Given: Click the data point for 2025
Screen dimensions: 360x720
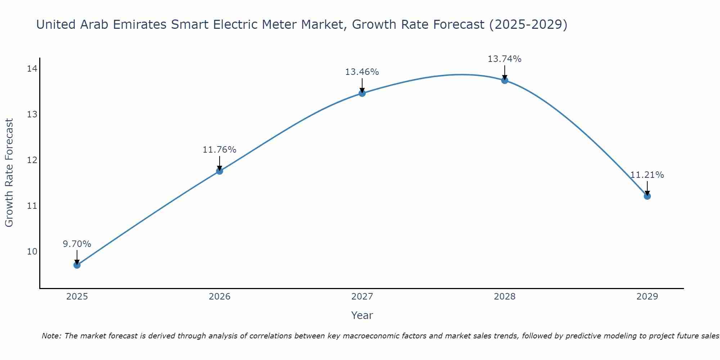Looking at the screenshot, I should pyautogui.click(x=77, y=265).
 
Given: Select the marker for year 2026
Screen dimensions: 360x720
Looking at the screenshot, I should pyautogui.click(x=220, y=171).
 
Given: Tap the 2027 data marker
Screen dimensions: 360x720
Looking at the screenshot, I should pyautogui.click(x=362, y=93).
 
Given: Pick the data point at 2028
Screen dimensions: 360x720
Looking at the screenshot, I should pyautogui.click(x=505, y=80).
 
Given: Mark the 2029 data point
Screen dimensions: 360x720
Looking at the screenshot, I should pyautogui.click(x=647, y=196).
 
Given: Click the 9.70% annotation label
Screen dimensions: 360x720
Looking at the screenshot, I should pyautogui.click(x=77, y=244).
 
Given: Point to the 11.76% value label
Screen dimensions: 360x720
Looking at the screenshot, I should pyautogui.click(x=219, y=150).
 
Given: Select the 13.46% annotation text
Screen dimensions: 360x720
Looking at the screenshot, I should pyautogui.click(x=362, y=72).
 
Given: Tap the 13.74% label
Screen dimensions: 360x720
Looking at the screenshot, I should pyautogui.click(x=504, y=59).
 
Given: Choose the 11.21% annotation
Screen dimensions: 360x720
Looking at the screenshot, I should pyautogui.click(x=647, y=175).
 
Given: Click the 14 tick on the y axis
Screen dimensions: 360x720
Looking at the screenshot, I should pyautogui.click(x=32, y=69).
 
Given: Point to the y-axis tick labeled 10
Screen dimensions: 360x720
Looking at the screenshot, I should pyautogui.click(x=32, y=251).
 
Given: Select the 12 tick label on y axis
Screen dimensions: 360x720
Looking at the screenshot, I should pyautogui.click(x=32, y=160).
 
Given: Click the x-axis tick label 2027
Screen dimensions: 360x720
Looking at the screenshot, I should pyautogui.click(x=362, y=297).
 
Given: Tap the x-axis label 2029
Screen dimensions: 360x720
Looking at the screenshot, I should pyautogui.click(x=647, y=297).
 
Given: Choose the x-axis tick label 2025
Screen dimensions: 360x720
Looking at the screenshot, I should pyautogui.click(x=77, y=297).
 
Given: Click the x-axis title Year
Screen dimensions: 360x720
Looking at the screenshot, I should pyautogui.click(x=362, y=315).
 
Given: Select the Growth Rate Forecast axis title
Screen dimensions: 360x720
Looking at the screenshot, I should pyautogui.click(x=9, y=173).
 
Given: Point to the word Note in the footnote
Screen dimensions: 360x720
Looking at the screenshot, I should pyautogui.click(x=51, y=336).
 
